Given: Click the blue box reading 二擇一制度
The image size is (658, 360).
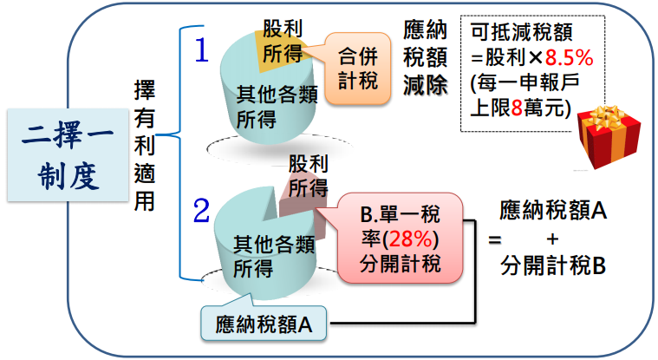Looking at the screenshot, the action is pos(68,155).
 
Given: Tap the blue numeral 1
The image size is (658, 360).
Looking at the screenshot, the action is pos(202,50).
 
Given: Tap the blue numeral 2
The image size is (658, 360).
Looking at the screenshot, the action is pos(201,210).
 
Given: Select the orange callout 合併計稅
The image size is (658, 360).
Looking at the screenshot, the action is pos(357,69).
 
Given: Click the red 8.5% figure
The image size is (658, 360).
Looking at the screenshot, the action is pos(569,57).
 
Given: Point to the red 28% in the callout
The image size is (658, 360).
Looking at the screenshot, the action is pos(410,239).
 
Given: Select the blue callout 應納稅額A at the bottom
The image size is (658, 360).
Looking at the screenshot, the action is pos(264,323).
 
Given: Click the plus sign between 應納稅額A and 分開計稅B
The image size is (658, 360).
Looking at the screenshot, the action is pos(553,239).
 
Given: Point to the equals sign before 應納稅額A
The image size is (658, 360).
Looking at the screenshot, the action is pos(495,240).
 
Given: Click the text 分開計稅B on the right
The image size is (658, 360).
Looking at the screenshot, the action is pos(553,266).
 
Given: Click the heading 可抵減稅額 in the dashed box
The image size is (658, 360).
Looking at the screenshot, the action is pos(522,32).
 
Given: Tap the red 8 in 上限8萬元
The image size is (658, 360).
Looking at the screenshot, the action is pos(517,108).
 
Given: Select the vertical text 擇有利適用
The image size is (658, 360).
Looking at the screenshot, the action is pos(145,146).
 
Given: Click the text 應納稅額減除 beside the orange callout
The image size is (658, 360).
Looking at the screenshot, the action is pos(425,57).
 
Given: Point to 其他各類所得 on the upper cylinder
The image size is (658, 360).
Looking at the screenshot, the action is pos(277,107).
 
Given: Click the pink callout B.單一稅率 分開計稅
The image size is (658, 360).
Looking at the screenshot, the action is pos(400,239).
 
